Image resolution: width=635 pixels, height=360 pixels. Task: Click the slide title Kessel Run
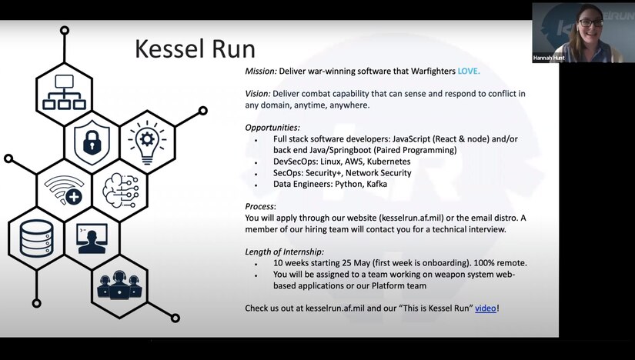(195, 48)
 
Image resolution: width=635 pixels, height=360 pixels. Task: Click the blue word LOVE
(469, 72)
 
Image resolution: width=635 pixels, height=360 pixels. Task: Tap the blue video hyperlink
(486, 308)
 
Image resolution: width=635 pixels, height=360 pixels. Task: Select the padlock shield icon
(92, 142)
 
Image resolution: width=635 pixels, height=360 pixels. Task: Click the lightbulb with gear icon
(147, 142)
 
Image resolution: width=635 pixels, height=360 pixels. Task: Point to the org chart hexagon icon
(64, 92)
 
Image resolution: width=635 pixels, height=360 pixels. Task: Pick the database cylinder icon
(36, 238)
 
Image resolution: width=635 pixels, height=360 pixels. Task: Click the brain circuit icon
(121, 190)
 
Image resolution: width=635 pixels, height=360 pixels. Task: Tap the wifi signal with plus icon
(64, 189)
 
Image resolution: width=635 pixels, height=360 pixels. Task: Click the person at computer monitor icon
(92, 238)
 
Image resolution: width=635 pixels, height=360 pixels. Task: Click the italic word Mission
(261, 72)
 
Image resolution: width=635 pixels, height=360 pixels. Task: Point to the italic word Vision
(258, 94)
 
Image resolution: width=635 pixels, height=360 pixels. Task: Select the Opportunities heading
(272, 128)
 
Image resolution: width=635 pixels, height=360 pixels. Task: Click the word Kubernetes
(389, 162)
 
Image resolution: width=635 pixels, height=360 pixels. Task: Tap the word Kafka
(376, 184)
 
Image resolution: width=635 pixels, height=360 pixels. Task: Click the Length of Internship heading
(284, 252)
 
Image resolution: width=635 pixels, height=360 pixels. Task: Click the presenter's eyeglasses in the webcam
(591, 23)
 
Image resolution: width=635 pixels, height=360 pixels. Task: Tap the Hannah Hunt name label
(549, 58)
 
